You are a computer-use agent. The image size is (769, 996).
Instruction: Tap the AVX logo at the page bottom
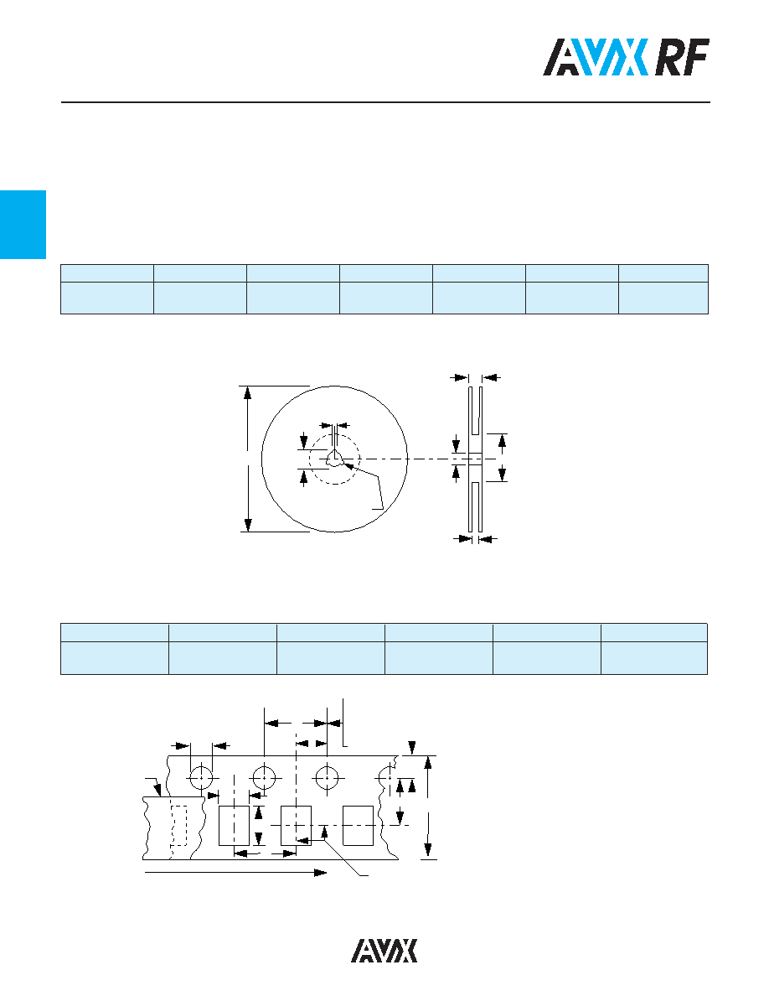pos(384,950)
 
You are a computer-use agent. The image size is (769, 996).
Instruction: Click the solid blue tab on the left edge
pos(23,224)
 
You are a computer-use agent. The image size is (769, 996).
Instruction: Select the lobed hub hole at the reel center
pos(334,459)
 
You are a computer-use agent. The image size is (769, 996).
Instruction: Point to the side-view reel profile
pos(475,459)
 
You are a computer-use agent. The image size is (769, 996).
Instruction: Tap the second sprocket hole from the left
pos(264,777)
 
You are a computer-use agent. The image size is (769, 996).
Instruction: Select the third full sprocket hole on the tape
pos(327,777)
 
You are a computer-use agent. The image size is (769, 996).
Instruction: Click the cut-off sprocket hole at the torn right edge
pos(384,777)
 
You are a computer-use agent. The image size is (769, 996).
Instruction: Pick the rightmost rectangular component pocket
pos(358,826)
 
